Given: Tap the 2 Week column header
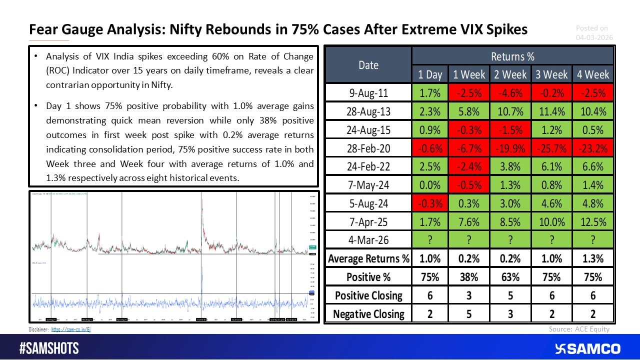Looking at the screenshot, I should click(510, 74).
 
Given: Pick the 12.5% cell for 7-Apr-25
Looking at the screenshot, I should click(593, 221).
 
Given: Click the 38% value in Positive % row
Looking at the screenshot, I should click(468, 277).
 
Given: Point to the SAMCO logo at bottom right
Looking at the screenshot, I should click(587, 348).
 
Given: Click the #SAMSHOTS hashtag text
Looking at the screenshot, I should click(49, 348).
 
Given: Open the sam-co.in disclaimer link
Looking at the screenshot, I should click(71, 329).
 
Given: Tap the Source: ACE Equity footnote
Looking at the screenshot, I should click(578, 329).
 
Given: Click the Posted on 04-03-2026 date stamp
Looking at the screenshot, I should click(594, 33).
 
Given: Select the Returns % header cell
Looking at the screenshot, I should click(512, 56).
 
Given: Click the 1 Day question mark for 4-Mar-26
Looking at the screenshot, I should click(429, 240).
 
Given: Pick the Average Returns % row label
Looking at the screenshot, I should click(368, 258).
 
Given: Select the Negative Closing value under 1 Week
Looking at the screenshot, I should click(468, 314).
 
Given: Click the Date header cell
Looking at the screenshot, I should click(368, 65).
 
